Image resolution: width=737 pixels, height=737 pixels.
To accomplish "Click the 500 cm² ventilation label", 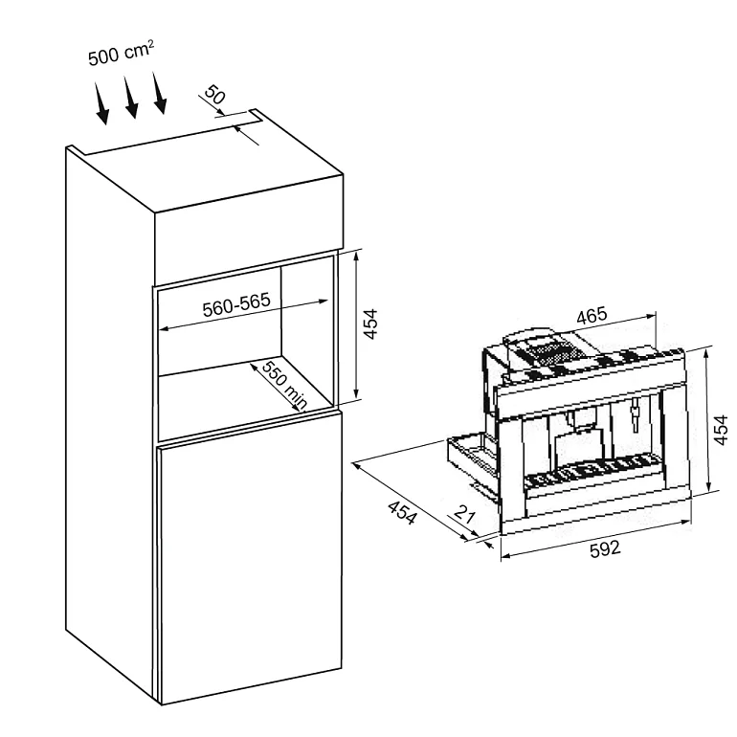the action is [x=121, y=53].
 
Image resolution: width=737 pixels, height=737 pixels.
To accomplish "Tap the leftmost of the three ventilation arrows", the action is [x=101, y=104].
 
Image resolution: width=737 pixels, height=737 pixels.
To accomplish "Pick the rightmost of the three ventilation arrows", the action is [x=159, y=93].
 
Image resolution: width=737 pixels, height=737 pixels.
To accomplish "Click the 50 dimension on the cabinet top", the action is [x=215, y=95].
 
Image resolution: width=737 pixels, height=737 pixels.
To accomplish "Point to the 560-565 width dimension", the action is [x=236, y=305].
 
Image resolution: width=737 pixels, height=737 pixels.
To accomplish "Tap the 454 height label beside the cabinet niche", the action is [x=370, y=324].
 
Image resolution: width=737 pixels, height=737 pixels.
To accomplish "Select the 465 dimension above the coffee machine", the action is [x=592, y=316].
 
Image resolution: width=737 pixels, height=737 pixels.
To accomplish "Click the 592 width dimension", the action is [x=605, y=548].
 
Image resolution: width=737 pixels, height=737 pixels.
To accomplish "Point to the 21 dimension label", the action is [x=465, y=515].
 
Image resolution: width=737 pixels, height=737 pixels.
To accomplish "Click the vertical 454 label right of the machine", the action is [x=721, y=429].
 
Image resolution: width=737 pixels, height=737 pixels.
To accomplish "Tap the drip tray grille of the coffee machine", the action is [x=593, y=472].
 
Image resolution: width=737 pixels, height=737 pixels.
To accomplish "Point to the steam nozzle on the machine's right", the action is [x=636, y=413].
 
